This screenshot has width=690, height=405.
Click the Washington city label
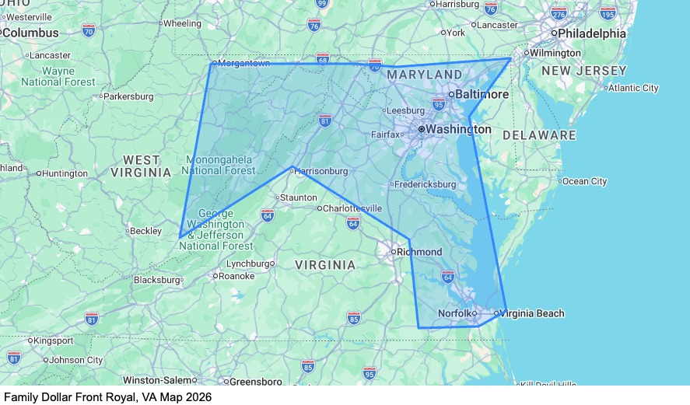tap(459, 128)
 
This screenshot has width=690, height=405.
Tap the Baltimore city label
tap(482, 94)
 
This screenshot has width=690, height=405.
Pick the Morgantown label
tap(243, 64)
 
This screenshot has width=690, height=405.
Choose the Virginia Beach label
tap(533, 313)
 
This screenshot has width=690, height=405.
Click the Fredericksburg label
tap(425, 184)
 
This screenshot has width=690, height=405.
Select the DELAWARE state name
tap(539, 135)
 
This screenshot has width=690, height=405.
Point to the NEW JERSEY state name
tap(583, 71)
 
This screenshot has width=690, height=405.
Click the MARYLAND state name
tap(424, 75)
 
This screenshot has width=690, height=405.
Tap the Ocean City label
tap(584, 181)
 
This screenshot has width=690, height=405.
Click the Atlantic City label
tap(633, 88)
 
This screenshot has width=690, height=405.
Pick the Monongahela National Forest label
tap(220, 165)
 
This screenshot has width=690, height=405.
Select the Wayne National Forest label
tap(58, 76)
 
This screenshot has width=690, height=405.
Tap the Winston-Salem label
tap(159, 380)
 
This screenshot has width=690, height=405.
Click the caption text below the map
tap(107, 396)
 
